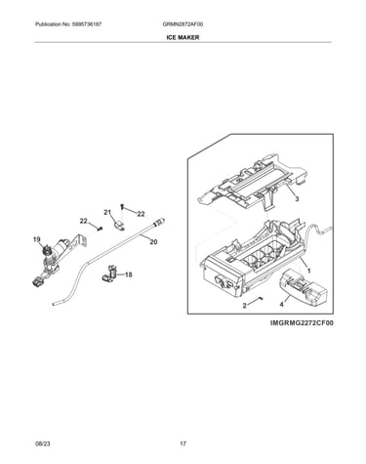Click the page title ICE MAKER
183,37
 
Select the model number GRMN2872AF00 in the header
183,24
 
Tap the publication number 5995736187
86,24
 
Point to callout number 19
37,240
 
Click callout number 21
107,212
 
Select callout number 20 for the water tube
153,242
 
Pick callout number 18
129,274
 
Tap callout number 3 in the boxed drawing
297,199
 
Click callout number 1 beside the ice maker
308,271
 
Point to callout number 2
244,305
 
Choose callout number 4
282,305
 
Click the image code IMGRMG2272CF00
302,323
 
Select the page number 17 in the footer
183,443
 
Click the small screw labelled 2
261,298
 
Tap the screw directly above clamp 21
122,206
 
